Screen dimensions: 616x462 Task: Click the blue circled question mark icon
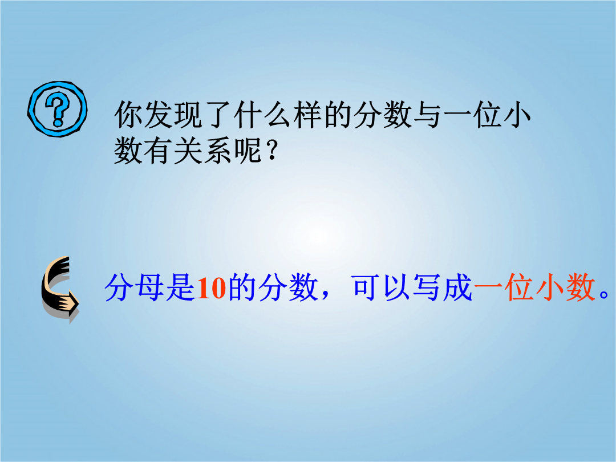tap(58, 109)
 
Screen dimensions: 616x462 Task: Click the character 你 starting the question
tap(128, 115)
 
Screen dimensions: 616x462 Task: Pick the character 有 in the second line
tap(159, 151)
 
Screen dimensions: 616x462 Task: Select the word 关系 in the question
tap(203, 151)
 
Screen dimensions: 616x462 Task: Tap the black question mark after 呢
tap(271, 151)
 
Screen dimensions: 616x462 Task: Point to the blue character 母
tap(150, 288)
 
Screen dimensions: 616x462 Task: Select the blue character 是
tap(180, 288)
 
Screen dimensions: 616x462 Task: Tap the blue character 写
tap(427, 288)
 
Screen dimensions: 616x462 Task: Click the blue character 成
tap(457, 288)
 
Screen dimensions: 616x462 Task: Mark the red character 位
tap(518, 288)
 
